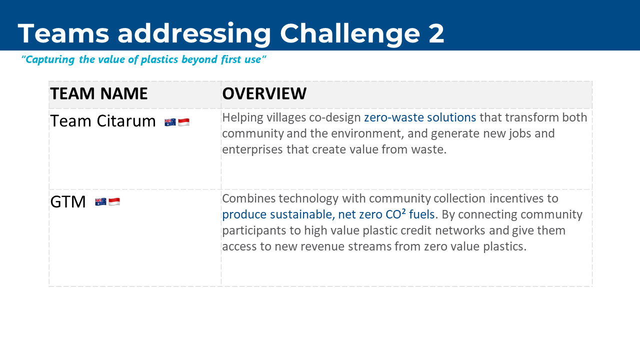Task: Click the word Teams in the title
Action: click(x=63, y=33)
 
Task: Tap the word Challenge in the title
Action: click(x=350, y=34)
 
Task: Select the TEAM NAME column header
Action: click(x=99, y=93)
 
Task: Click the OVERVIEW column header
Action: click(x=264, y=93)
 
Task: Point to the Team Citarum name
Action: click(x=103, y=121)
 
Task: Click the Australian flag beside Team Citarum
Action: click(x=170, y=122)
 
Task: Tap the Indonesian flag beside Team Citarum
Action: click(x=183, y=122)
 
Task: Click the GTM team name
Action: click(x=68, y=201)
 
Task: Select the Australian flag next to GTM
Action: click(x=100, y=201)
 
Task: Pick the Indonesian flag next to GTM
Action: click(x=114, y=201)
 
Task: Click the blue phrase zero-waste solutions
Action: click(x=420, y=117)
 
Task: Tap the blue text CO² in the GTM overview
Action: click(x=395, y=214)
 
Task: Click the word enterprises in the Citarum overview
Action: click(x=252, y=150)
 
